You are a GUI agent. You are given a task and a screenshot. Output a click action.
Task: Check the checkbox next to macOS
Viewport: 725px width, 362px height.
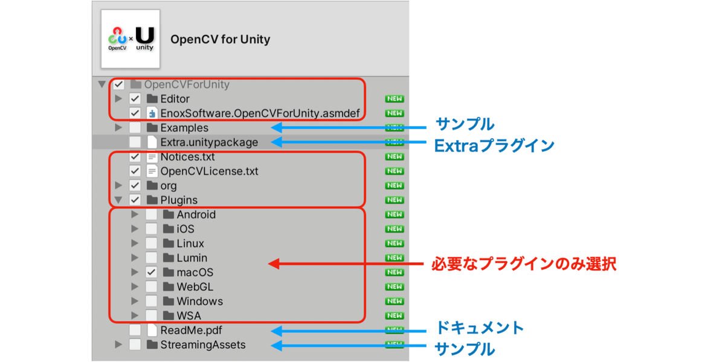pos(151,273)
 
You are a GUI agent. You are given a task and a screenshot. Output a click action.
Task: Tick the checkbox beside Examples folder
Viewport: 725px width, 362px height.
pos(135,128)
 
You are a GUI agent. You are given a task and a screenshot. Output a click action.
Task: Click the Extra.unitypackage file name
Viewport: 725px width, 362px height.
pos(209,142)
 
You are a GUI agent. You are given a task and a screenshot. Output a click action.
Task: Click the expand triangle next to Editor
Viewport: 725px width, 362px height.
pos(118,99)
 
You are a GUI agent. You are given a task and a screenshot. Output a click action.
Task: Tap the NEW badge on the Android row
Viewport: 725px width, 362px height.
pos(395,215)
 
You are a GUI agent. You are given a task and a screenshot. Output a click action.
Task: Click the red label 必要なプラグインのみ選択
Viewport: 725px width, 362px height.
pos(523,264)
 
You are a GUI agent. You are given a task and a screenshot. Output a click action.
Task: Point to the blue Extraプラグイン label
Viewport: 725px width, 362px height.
pos(494,145)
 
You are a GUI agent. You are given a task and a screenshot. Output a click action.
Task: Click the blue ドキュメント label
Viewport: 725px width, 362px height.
pos(480,328)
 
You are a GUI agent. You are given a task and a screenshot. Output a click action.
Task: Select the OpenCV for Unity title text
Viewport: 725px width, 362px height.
pos(221,40)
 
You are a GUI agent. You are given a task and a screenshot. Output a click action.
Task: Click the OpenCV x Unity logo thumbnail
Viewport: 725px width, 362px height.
pos(130,39)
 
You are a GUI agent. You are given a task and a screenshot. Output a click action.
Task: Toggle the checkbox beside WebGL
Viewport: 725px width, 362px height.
pos(151,287)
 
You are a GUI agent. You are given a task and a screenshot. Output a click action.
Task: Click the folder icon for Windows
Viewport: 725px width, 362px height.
pos(169,302)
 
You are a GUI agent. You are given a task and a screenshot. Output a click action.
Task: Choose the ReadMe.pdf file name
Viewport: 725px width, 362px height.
pos(191,331)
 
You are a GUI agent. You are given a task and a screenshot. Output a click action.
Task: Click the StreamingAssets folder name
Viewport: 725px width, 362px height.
pos(203,345)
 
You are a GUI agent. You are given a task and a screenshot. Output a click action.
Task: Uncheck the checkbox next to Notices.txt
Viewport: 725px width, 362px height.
pos(135,157)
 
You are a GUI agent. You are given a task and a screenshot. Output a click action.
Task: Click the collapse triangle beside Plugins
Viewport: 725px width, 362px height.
pos(118,200)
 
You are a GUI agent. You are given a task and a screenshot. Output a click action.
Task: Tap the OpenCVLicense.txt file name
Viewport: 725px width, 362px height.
pos(209,171)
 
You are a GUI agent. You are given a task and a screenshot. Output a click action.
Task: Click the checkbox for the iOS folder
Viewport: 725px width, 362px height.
pos(151,229)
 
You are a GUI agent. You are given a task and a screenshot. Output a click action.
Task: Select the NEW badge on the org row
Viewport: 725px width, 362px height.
pos(395,186)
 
